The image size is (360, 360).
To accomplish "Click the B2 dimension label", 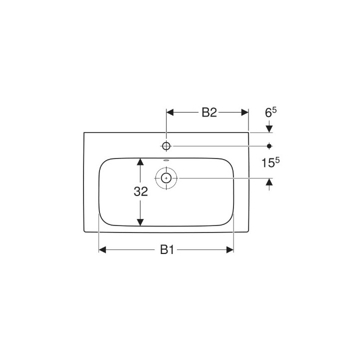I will click(x=209, y=112).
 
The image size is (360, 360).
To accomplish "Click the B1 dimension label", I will click(x=166, y=250).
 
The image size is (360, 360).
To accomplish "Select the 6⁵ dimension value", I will click(x=270, y=112).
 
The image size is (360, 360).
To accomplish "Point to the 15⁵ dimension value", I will click(x=270, y=162).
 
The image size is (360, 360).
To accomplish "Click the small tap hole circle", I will click(x=166, y=145).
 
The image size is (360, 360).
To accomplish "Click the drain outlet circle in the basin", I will click(x=166, y=177).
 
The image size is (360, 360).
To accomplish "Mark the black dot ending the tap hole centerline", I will click(x=269, y=145).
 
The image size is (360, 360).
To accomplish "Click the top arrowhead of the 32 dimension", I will click(x=141, y=162).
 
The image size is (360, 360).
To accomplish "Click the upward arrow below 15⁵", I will click(x=269, y=182).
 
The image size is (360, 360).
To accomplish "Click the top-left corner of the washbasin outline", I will click(x=84, y=132).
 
